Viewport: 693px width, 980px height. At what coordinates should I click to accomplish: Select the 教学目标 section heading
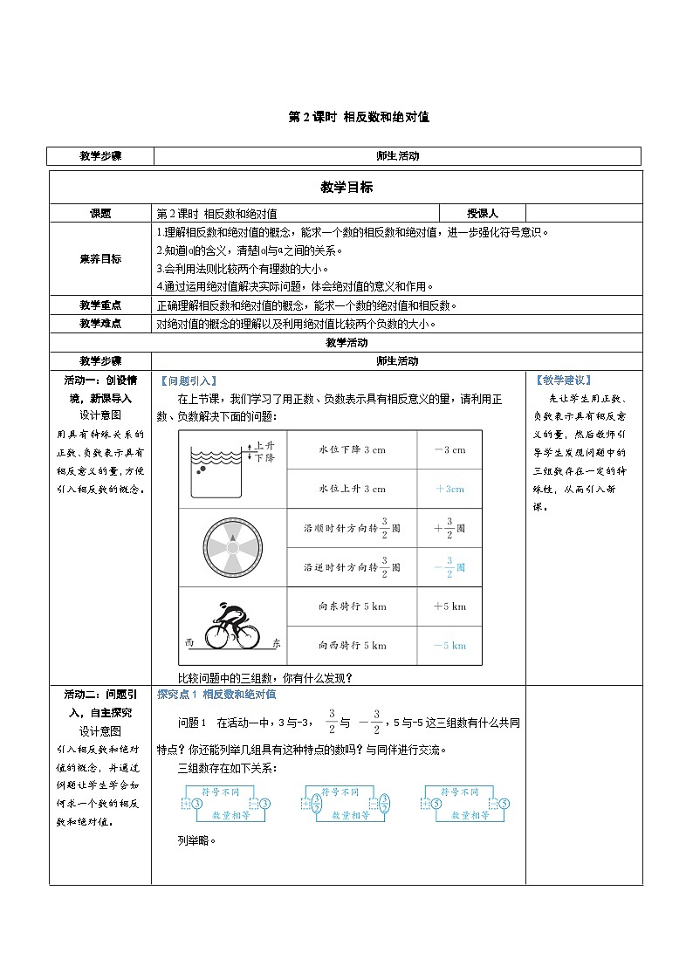click(x=346, y=187)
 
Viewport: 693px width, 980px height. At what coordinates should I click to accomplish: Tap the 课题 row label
click(x=100, y=213)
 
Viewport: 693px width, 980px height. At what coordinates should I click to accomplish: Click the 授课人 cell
click(x=482, y=213)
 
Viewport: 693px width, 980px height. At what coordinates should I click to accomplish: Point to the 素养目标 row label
click(x=100, y=258)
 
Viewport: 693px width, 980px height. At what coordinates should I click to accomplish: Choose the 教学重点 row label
click(x=100, y=305)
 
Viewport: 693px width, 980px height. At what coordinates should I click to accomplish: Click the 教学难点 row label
click(x=100, y=323)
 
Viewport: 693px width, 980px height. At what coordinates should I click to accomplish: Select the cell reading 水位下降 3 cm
click(x=352, y=450)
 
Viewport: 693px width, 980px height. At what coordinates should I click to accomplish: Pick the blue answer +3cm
click(x=449, y=489)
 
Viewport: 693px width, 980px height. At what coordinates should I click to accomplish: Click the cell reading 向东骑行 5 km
click(x=352, y=607)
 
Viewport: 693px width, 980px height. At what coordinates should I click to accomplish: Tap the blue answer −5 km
click(x=449, y=646)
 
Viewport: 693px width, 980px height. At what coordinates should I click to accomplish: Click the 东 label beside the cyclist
click(x=277, y=643)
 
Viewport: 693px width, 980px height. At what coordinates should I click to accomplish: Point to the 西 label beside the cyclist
click(x=189, y=643)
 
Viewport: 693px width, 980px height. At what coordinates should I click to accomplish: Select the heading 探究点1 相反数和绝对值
click(x=216, y=695)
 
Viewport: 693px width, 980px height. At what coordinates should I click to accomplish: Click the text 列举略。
click(x=196, y=841)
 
